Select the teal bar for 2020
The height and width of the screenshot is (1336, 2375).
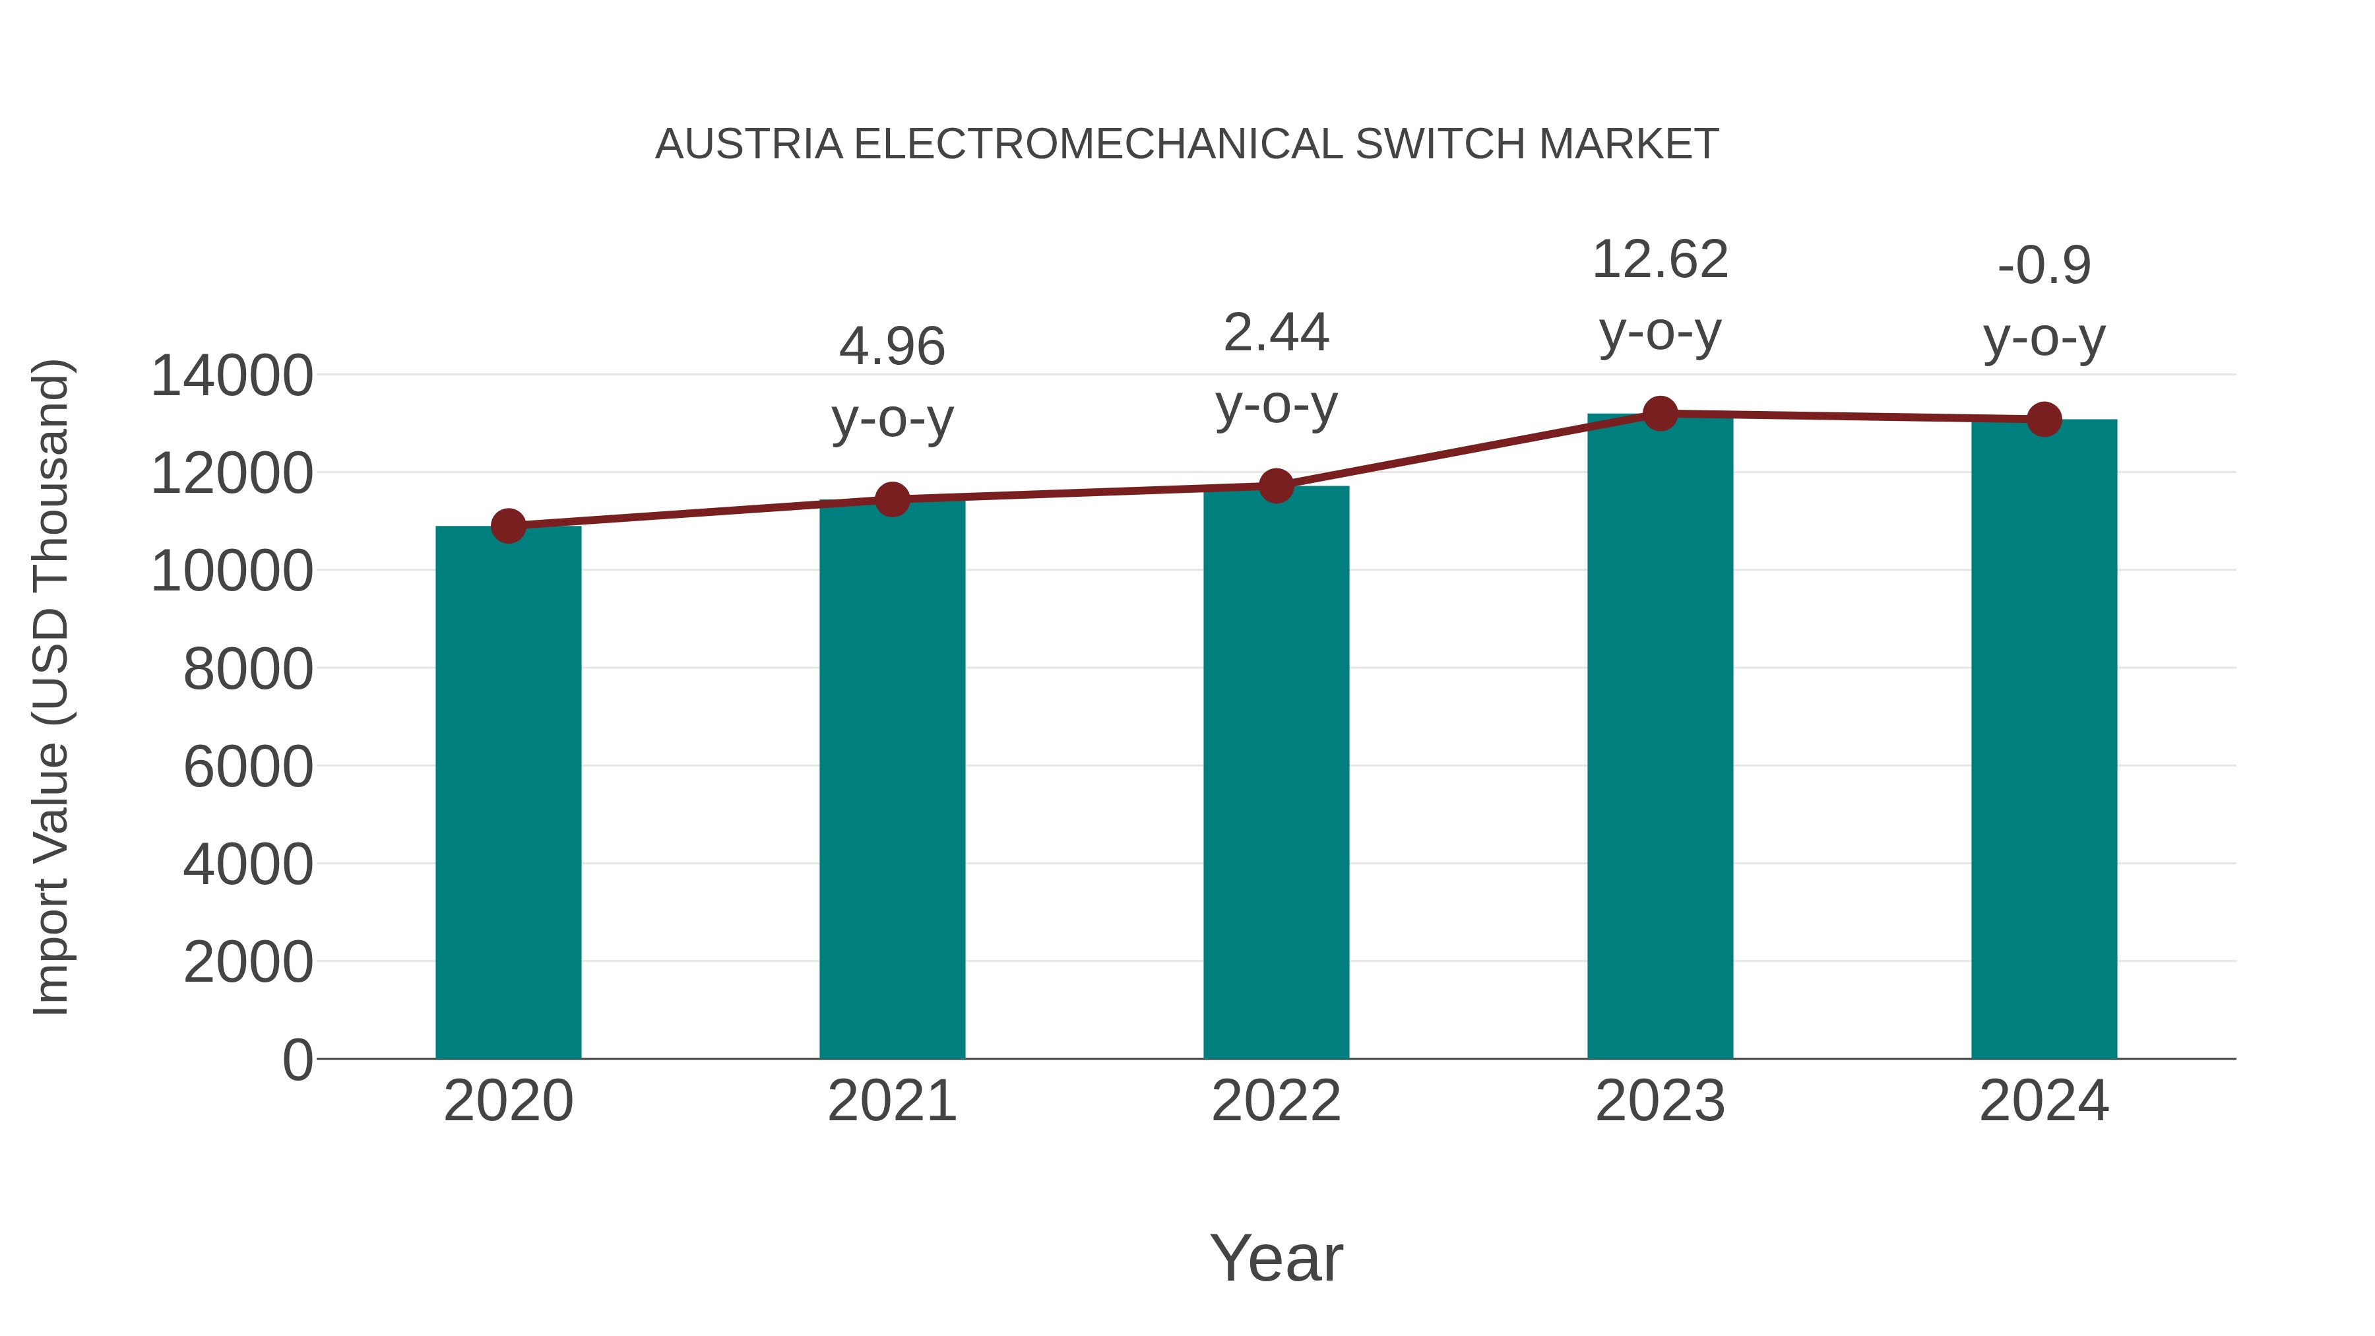(x=508, y=793)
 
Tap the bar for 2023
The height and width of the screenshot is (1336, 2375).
(x=1660, y=738)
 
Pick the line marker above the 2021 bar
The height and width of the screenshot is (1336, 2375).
(x=891, y=499)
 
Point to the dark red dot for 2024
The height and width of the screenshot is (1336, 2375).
(x=2044, y=420)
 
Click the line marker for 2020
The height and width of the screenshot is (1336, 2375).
(x=508, y=526)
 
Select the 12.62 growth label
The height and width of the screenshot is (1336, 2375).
(x=1660, y=260)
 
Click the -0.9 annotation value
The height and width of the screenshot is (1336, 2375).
(x=2044, y=267)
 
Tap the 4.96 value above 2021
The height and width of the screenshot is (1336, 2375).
(x=891, y=346)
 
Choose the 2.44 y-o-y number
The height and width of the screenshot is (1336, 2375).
(x=1276, y=333)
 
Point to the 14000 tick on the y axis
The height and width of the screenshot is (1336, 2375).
(x=232, y=376)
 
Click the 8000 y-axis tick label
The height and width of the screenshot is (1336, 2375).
(x=248, y=670)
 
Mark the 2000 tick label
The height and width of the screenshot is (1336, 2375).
(x=248, y=963)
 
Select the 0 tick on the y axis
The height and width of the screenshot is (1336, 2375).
(x=297, y=1060)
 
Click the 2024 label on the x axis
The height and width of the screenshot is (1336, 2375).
(x=2044, y=1101)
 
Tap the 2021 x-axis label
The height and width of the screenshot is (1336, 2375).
(x=891, y=1101)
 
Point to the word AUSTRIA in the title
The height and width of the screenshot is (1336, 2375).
(x=749, y=144)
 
